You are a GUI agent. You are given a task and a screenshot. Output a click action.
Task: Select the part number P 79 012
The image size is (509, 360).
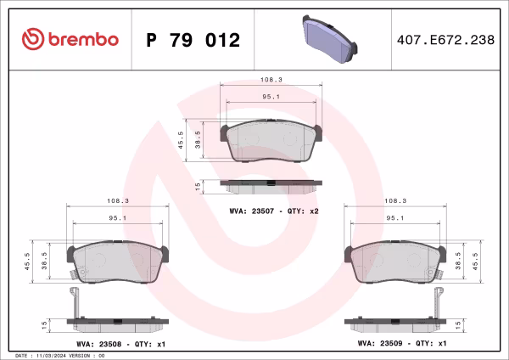pos(193,40)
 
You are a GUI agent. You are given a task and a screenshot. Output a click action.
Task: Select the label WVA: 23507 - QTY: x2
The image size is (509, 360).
pos(273,210)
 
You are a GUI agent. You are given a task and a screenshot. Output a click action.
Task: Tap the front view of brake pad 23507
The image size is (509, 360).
pos(271,143)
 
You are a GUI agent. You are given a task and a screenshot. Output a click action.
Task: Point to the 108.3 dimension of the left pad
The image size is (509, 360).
pos(118,201)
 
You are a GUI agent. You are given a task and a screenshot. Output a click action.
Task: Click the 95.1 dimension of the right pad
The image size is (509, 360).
pos(395,219)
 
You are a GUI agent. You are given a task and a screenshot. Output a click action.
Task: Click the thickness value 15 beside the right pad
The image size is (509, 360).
pos(458,324)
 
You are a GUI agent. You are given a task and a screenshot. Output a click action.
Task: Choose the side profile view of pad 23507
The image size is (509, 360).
pos(271,183)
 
